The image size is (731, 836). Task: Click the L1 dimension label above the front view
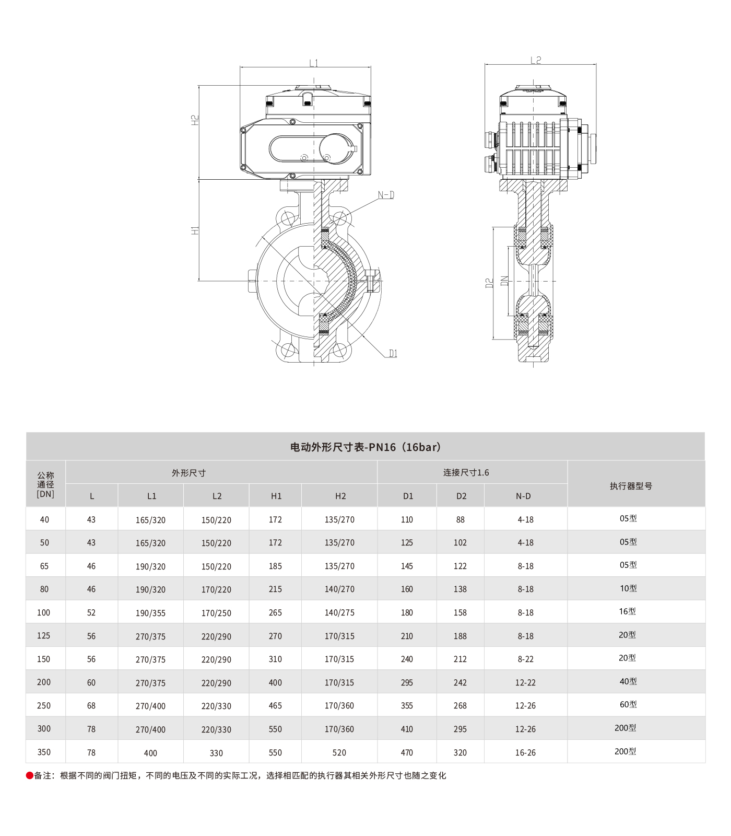click(313, 63)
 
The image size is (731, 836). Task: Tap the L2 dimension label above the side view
click(536, 61)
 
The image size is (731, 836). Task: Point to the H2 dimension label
click(195, 120)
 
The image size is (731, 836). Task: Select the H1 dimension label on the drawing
click(195, 230)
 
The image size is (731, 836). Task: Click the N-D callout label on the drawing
click(386, 195)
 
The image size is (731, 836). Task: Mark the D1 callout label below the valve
click(393, 354)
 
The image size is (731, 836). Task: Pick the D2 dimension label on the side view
click(489, 283)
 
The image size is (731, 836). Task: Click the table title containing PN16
click(365, 447)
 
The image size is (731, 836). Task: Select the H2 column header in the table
click(340, 496)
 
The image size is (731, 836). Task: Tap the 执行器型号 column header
click(631, 486)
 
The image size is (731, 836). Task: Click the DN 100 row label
click(44, 612)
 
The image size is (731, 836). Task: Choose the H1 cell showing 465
click(275, 705)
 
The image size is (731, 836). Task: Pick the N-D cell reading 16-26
click(525, 752)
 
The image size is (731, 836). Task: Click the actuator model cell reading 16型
click(627, 611)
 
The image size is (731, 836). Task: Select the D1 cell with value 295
click(407, 682)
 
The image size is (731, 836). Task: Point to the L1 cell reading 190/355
click(150, 613)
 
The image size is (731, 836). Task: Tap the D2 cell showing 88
click(460, 519)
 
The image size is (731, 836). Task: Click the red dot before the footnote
click(30, 775)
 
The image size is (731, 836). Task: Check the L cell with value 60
click(91, 682)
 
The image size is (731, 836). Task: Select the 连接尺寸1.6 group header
click(466, 472)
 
